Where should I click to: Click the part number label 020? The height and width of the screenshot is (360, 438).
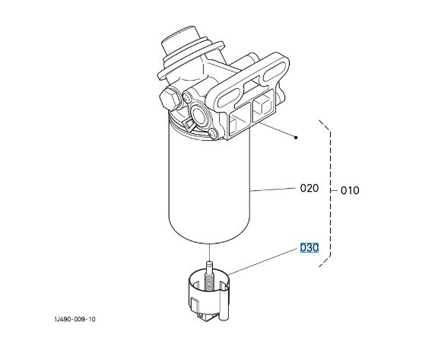[x=309, y=188]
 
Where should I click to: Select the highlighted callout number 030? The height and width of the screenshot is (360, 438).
[x=309, y=247]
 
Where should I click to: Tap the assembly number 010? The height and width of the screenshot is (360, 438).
[x=350, y=190]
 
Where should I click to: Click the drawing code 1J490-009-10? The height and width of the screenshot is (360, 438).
[x=75, y=319]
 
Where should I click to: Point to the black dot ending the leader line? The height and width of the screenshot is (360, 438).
[x=296, y=137]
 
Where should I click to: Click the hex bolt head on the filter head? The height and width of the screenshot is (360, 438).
[x=170, y=99]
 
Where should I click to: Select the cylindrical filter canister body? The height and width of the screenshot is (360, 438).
[x=210, y=182]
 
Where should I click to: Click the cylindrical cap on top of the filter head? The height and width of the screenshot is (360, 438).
[x=180, y=42]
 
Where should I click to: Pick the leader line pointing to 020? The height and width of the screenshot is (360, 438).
[x=273, y=190]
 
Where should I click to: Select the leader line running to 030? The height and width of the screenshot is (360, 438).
[x=262, y=261]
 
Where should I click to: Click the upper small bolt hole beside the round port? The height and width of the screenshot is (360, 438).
[x=186, y=97]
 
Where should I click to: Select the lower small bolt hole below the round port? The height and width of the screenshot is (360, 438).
[x=214, y=132]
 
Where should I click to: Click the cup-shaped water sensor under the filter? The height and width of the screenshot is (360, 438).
[x=208, y=295]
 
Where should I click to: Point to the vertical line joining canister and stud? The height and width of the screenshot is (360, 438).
[x=209, y=253]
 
